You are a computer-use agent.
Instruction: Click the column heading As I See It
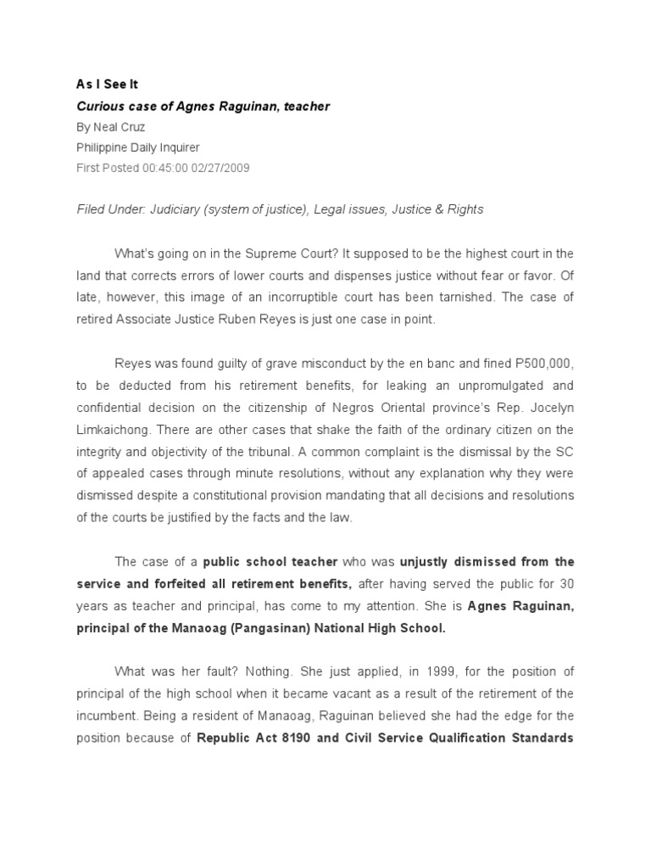pyautogui.click(x=106, y=85)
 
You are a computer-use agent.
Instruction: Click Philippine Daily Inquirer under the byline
pyautogui.click(x=138, y=147)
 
